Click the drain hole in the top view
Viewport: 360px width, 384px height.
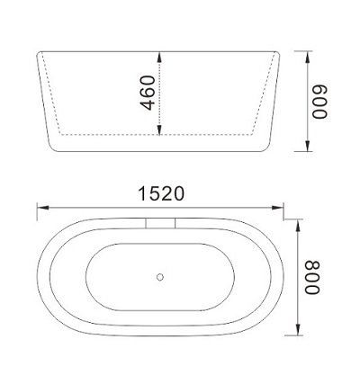[x=161, y=279]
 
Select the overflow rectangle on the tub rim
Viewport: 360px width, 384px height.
[x=162, y=220]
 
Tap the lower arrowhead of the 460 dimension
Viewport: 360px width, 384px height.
[x=160, y=134]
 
